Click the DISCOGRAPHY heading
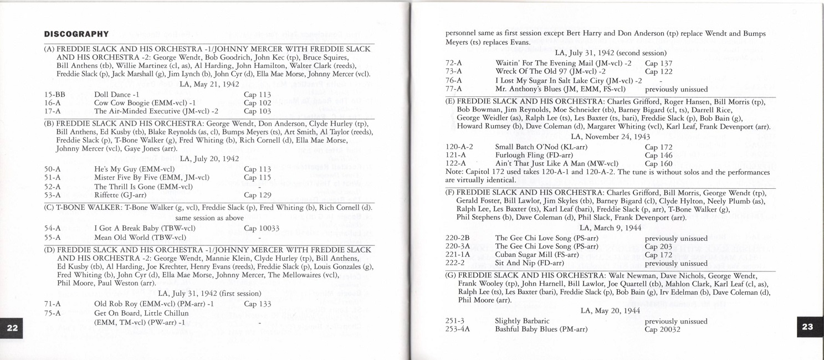click(76, 34)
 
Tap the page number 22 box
click(12, 327)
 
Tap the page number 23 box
click(807, 327)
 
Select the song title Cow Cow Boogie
click(120, 102)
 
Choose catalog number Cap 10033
click(261, 228)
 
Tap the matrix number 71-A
click(52, 304)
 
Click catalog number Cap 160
click(658, 163)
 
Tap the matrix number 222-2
click(455, 263)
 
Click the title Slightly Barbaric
click(522, 321)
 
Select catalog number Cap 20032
click(662, 329)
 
